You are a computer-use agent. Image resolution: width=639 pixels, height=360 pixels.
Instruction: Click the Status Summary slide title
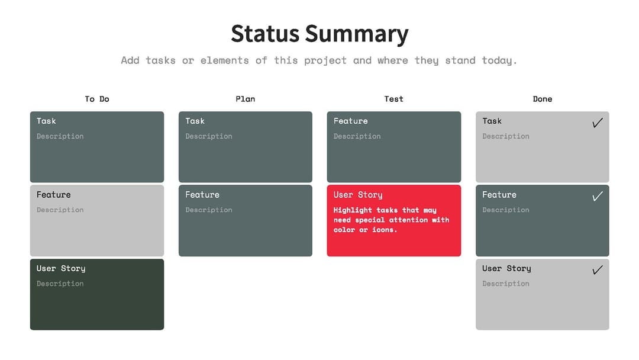(x=319, y=34)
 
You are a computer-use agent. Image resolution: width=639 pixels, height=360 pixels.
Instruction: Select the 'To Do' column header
(x=97, y=99)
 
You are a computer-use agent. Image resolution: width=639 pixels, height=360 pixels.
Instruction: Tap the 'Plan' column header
(x=245, y=99)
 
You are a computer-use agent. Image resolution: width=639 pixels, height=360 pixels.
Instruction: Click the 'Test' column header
(x=393, y=99)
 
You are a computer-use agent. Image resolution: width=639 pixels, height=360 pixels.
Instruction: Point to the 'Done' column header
(x=542, y=99)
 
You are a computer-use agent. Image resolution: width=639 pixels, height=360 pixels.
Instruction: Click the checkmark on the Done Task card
(x=598, y=123)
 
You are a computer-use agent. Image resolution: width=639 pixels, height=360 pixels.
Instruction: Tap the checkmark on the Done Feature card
(x=598, y=196)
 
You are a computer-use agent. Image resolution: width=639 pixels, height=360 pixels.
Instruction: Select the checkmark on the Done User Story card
(x=598, y=270)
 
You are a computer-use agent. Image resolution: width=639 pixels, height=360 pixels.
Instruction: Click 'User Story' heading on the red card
(x=358, y=195)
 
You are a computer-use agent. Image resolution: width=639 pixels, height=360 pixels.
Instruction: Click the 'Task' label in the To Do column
(x=46, y=121)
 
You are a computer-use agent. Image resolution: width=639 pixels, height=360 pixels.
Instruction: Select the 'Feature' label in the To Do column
(x=53, y=195)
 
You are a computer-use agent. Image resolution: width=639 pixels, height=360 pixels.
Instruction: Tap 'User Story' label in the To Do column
(x=61, y=268)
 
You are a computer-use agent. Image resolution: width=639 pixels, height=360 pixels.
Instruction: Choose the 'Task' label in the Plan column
(x=195, y=121)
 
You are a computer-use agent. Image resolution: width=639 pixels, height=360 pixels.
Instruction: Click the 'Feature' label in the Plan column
(x=202, y=195)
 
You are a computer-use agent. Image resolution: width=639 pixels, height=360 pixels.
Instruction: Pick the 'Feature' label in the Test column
(x=350, y=121)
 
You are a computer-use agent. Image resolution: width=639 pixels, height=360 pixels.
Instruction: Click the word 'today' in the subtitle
(x=499, y=60)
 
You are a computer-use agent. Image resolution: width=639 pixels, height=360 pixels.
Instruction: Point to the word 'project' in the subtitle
(x=325, y=60)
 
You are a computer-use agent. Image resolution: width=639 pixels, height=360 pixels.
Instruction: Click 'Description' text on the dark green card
(x=60, y=284)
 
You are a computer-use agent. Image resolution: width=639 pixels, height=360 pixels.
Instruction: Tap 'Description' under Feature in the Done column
(x=505, y=210)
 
